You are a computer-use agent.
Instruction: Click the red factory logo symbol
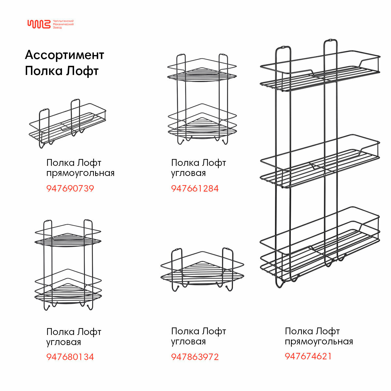[x=39, y=24]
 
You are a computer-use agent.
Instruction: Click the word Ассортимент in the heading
[x=65, y=55]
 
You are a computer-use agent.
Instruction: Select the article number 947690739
[x=70, y=188]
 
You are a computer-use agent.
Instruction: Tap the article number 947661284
[x=195, y=188]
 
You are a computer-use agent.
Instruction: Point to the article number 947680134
[x=70, y=357]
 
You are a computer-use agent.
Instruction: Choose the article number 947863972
[x=195, y=357]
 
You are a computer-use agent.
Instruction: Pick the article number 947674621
[x=308, y=356]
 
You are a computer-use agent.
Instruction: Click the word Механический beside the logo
[x=63, y=24]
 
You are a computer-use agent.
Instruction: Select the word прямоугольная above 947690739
[x=80, y=173]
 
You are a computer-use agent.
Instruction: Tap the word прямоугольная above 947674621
[x=319, y=341]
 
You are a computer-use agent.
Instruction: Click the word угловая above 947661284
[x=188, y=173]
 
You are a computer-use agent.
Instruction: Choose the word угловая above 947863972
[x=188, y=341]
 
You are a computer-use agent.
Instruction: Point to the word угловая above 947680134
[x=64, y=342]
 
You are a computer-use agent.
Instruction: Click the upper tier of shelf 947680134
[x=68, y=237]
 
